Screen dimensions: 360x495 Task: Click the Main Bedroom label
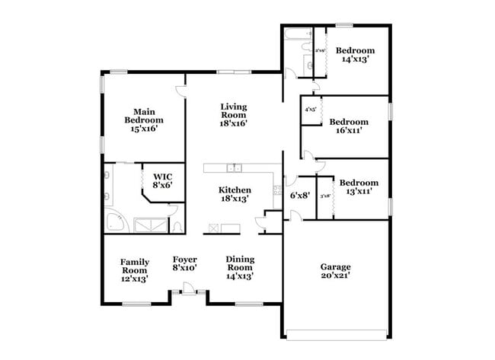pos(144,120)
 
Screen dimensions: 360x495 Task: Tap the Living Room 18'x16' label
pos(234,115)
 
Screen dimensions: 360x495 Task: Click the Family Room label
pos(134,270)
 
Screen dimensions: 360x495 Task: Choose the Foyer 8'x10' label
pos(185,263)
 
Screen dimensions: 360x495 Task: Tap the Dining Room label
pos(240,267)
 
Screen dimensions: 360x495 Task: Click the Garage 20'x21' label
pos(335,272)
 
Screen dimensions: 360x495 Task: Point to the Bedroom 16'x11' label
pos(350,126)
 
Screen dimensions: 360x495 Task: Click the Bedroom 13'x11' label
pos(359,187)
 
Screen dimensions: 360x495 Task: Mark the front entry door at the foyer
pos(186,291)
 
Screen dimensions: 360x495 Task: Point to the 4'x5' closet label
pos(310,110)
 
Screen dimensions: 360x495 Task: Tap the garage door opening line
pos(338,332)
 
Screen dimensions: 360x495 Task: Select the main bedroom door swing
pos(181,91)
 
